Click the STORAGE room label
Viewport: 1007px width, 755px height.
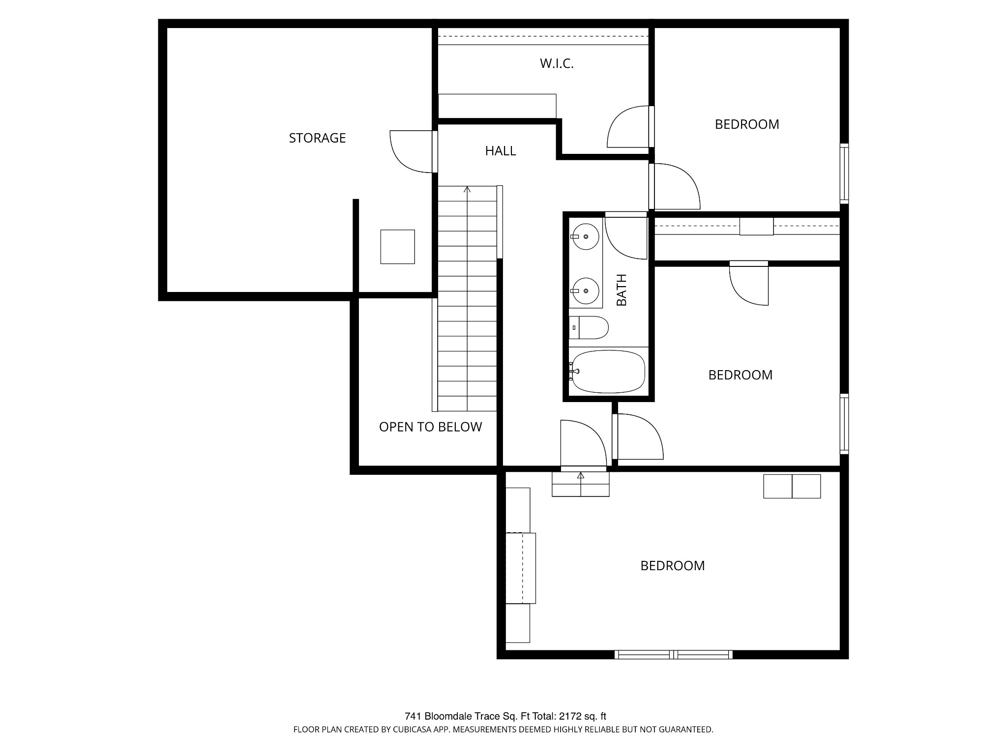pos(317,138)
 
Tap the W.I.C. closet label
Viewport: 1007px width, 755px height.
pos(557,63)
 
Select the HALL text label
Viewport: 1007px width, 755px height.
pos(500,151)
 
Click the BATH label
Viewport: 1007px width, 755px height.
pos(622,290)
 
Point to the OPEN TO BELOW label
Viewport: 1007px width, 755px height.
pos(430,427)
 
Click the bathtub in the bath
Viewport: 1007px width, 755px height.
pos(608,372)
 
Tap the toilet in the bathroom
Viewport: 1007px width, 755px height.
pos(590,327)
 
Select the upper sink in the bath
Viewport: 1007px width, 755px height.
pos(586,236)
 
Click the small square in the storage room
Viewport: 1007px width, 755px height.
pos(397,247)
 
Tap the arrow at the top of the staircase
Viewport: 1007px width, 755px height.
pos(467,189)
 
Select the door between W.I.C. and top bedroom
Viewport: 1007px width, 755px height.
pos(630,127)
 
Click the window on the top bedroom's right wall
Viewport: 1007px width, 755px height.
pos(844,173)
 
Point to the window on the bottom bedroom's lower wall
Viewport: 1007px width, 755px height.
pos(674,654)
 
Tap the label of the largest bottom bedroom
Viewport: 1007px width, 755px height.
pos(672,566)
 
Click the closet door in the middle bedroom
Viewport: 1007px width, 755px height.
pos(749,283)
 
